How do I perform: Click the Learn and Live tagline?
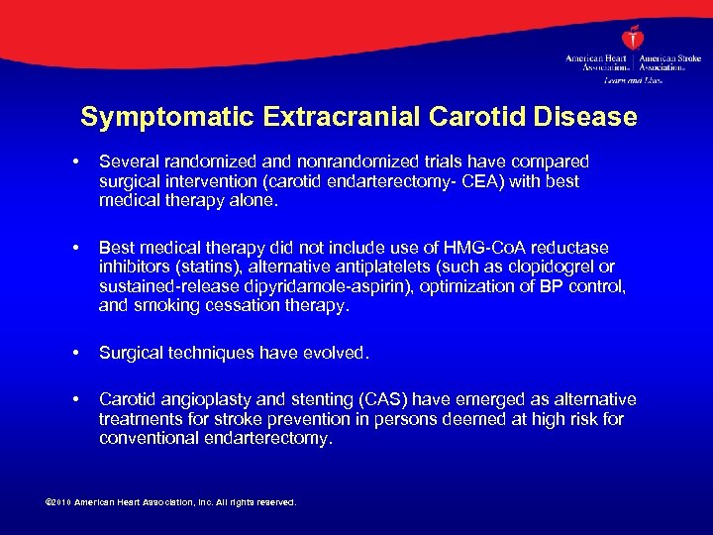click(x=633, y=78)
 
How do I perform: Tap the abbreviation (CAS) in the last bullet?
click(x=387, y=399)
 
